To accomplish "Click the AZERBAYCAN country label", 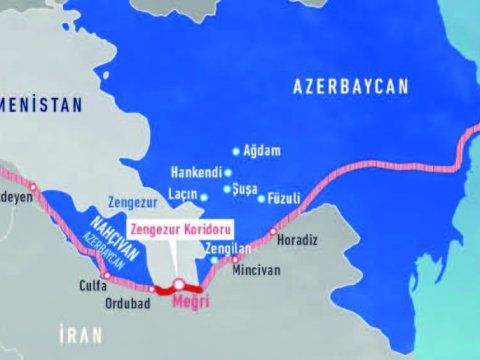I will tap(351, 88).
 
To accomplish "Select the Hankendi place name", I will tap(194, 172).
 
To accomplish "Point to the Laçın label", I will tap(180, 196).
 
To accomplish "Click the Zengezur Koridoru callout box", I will tap(181, 228).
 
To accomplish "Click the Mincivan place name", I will tap(259, 270).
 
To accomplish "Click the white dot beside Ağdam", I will tap(236, 151).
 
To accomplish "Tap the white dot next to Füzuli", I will tap(261, 198).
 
